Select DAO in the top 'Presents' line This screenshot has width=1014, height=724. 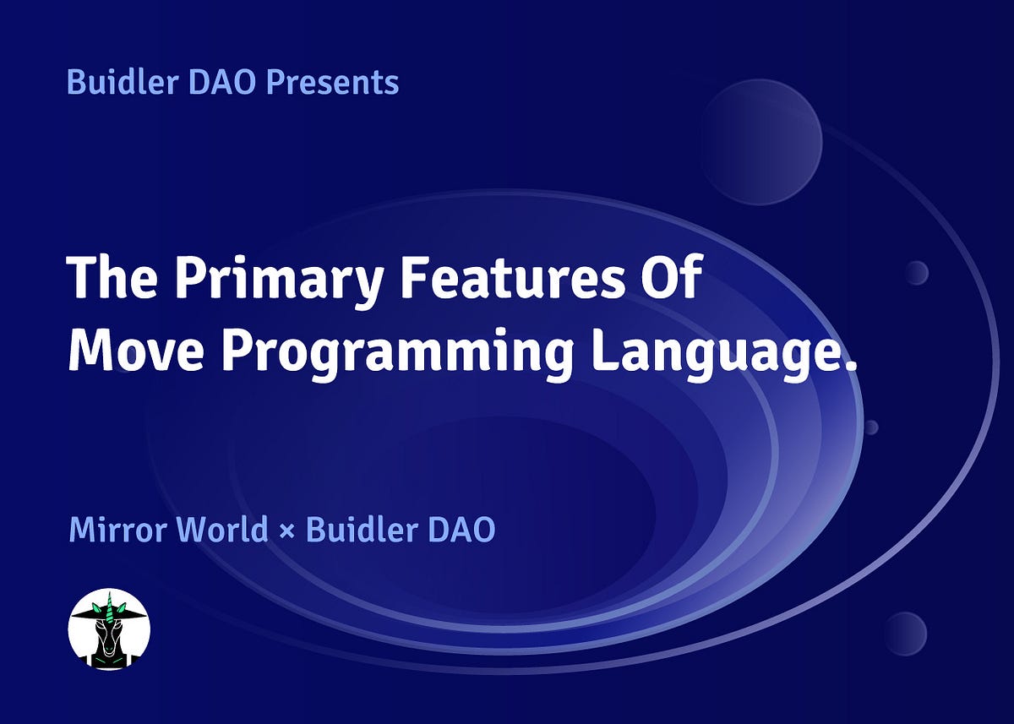(221, 82)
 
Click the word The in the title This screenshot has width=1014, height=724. (112, 276)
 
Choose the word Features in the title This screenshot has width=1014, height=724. (512, 276)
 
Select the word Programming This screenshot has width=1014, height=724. (397, 355)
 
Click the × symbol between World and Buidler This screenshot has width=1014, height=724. (287, 531)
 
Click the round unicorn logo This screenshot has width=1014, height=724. (109, 629)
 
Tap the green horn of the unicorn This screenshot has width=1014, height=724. (109, 607)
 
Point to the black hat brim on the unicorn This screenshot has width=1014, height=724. (109, 614)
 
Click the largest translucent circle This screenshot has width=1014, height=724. (760, 142)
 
